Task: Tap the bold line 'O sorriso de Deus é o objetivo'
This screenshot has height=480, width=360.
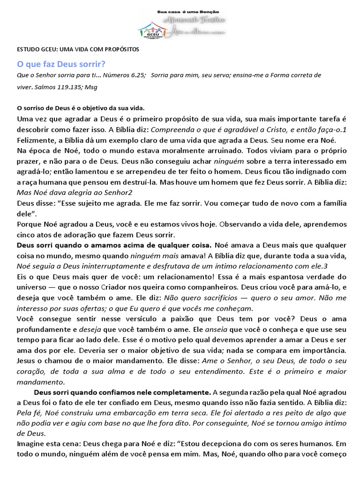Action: [70, 108]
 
